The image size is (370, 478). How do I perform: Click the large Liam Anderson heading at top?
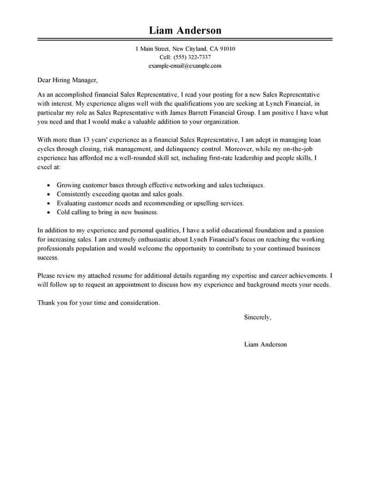pos(185,30)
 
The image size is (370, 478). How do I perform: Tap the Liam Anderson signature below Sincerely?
pos(265,344)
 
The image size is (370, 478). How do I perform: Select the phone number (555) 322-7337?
pos(192,57)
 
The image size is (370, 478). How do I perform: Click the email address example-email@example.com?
pos(185,66)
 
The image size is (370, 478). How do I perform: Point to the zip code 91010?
pos(227,48)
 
